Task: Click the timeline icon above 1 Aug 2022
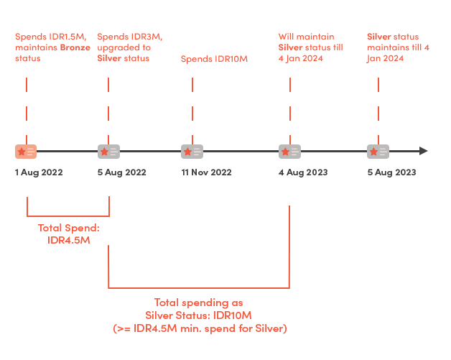coord(26,152)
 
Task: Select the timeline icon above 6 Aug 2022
coord(108,152)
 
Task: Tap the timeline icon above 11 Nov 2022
coord(192,152)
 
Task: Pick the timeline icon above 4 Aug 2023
coord(289,152)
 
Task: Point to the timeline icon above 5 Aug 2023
coord(378,152)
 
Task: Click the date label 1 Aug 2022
coord(39,172)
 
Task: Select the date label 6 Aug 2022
coord(122,172)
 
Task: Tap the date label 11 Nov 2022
coord(206,172)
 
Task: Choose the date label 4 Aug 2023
coord(303,172)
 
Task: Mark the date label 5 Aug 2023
coord(391,172)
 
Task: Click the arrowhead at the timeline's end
coord(424,152)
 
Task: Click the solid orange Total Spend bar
coord(68,206)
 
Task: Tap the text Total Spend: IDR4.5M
coord(68,234)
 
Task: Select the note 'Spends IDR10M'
coord(214,58)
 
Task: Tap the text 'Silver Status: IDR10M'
coord(198,315)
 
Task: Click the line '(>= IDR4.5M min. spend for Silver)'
coord(200,328)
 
